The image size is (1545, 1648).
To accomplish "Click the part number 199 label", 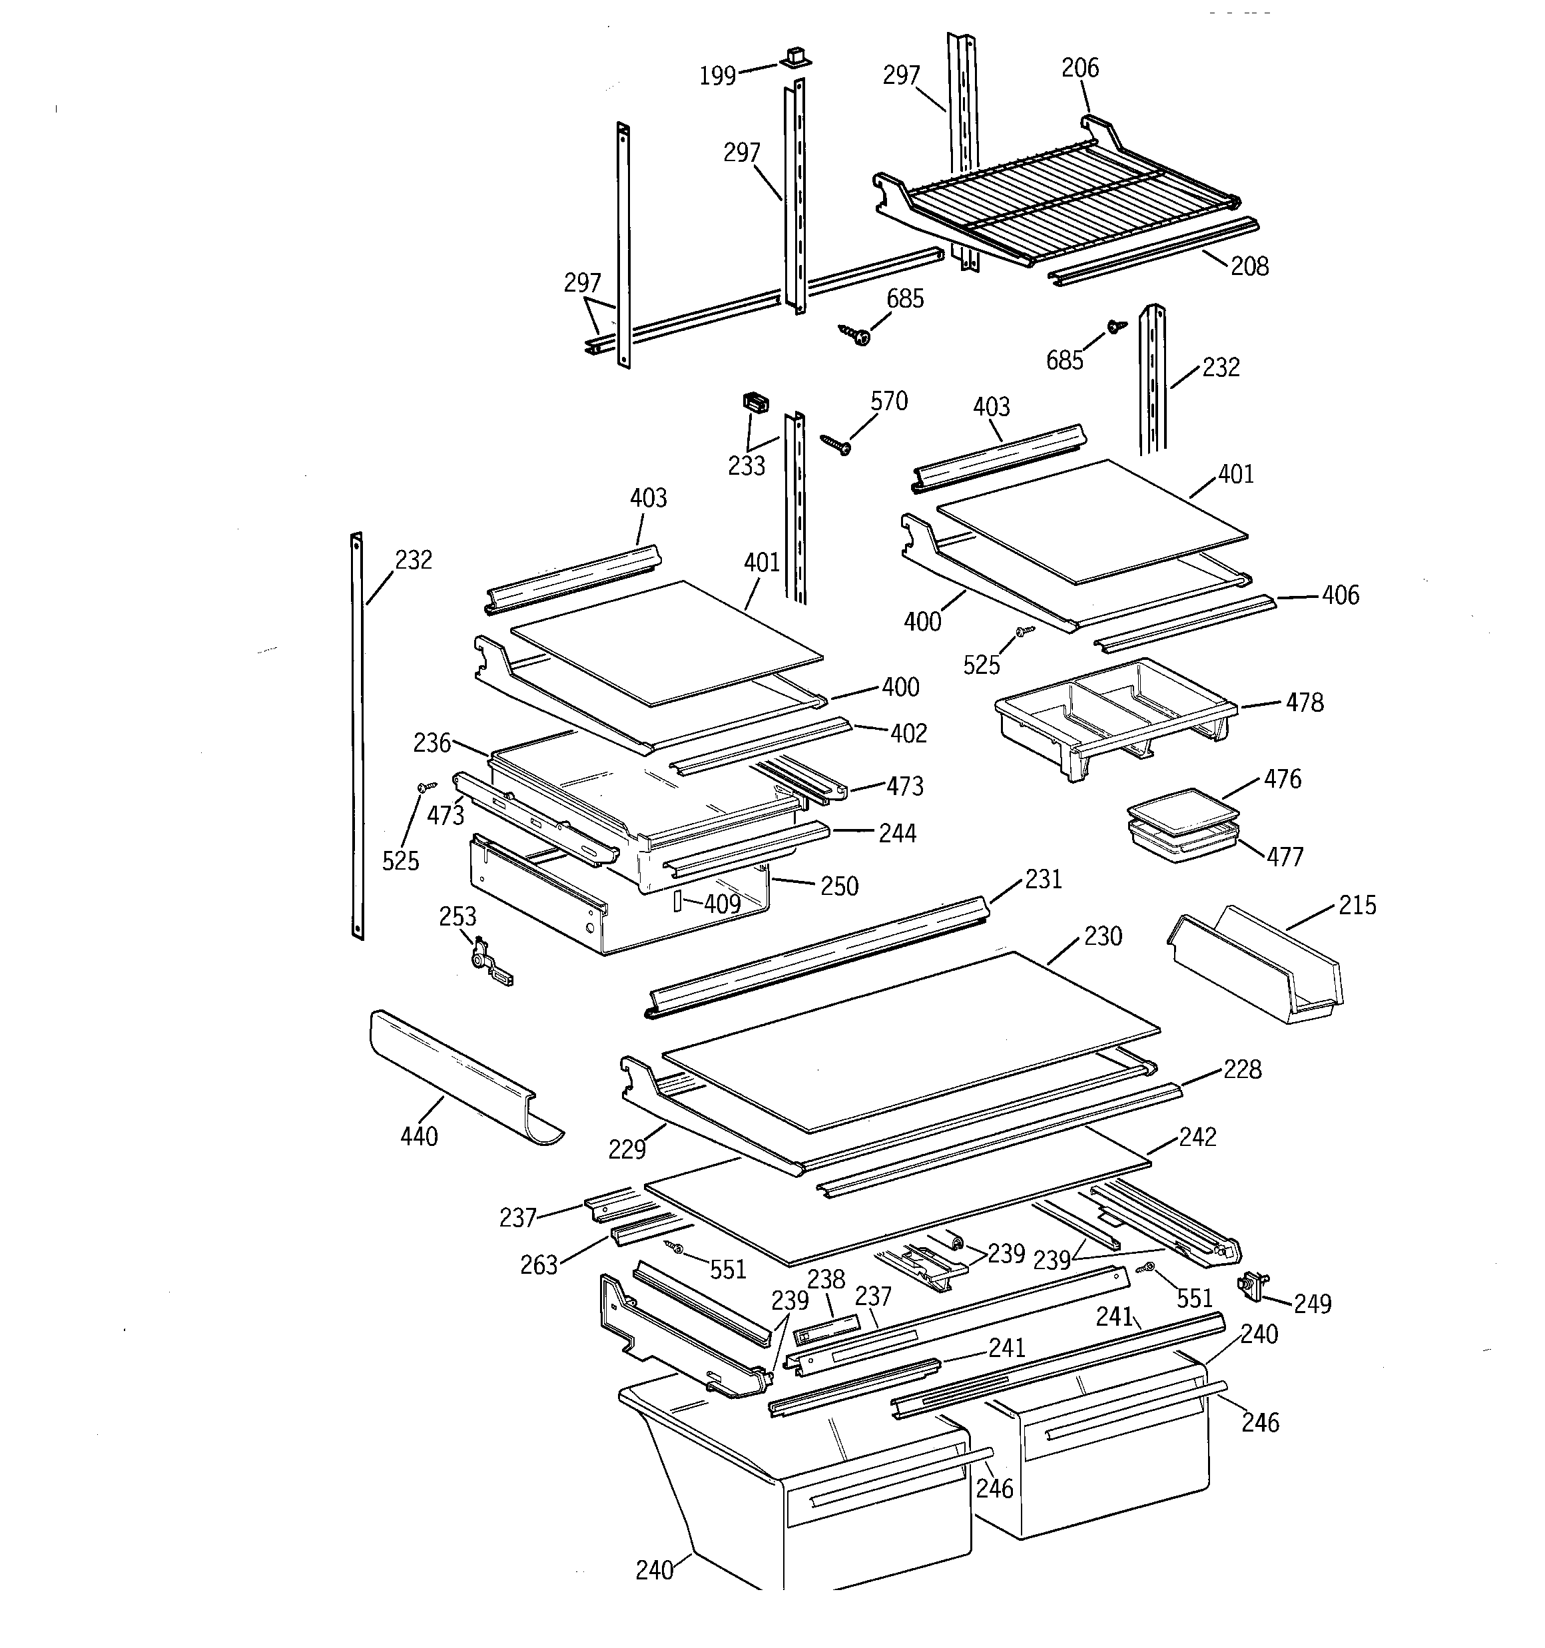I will tap(717, 77).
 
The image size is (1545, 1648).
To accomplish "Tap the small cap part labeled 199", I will tap(794, 57).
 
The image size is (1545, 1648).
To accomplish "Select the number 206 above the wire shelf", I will tap(1080, 68).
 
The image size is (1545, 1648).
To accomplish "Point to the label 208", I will tap(1249, 266).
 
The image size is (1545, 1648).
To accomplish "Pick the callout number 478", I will tap(1305, 703).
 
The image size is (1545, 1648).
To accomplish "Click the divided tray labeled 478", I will tap(1111, 713).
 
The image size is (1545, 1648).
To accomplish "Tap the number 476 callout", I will tap(1282, 778).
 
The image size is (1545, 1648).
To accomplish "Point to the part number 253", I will tap(458, 916).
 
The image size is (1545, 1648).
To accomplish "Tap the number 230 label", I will tap(1103, 936).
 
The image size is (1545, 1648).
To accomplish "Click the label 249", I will tap(1313, 1304).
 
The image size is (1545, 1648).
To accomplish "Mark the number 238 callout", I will tap(826, 1279).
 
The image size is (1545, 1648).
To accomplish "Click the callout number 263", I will tap(538, 1265).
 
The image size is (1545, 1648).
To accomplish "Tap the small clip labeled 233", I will tap(755, 403).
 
